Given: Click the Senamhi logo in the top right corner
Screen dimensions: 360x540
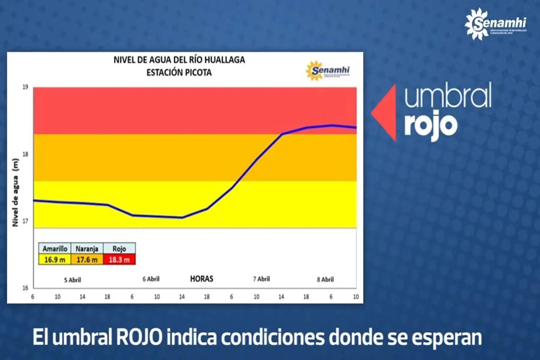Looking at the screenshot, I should coord(495,24).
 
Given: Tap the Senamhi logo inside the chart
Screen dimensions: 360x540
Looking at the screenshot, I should coord(328,71).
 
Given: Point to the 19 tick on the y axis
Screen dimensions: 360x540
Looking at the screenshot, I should coord(25,87).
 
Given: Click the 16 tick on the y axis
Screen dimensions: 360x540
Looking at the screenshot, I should coord(25,288).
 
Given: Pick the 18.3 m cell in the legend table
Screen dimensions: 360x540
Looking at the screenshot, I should coord(119,259).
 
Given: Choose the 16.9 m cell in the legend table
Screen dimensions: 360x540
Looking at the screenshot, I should coord(55,259).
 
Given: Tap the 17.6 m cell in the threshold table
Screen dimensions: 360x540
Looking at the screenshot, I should coord(87,259).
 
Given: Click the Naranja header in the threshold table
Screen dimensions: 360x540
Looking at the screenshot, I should coord(87,249).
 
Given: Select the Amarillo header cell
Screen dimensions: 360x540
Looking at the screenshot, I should coord(55,249).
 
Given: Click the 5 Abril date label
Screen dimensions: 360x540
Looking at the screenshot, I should coord(72,280).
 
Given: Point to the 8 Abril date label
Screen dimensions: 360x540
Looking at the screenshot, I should coord(325,280).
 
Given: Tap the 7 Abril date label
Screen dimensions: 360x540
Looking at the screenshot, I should coord(261,279).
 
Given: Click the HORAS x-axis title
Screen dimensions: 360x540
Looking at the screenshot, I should coord(202,279).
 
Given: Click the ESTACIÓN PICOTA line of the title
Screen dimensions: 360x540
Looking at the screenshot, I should coord(179,73).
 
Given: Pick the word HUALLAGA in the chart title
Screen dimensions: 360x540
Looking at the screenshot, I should coord(225,60).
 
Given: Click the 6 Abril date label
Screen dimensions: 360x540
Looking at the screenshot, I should coord(151,279).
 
